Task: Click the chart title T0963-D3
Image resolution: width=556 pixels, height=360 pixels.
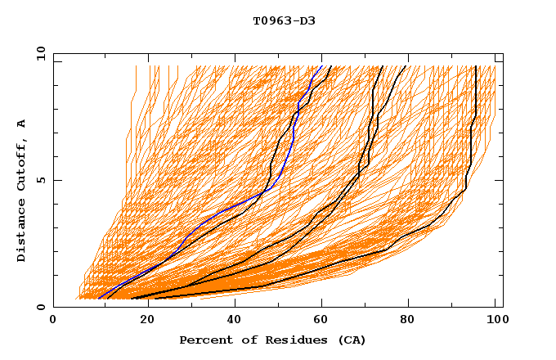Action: click(284, 21)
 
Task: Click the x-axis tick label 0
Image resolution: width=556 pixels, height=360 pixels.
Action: click(53, 321)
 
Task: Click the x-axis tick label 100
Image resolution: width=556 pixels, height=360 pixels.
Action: click(495, 321)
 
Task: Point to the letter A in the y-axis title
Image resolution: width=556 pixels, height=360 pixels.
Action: click(22, 124)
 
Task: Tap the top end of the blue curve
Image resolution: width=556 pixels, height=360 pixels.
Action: click(322, 66)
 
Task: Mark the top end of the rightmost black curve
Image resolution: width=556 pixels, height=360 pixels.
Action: click(476, 66)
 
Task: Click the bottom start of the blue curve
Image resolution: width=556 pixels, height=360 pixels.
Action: click(99, 299)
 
